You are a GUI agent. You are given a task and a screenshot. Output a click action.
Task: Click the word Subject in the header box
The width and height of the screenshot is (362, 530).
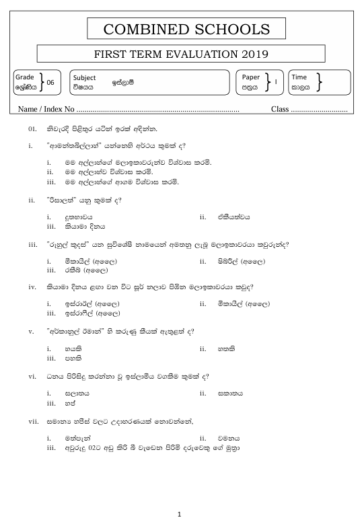pyautogui.click(x=84, y=77)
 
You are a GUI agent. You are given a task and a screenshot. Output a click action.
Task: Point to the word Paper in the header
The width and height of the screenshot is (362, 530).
pyautogui.click(x=250, y=77)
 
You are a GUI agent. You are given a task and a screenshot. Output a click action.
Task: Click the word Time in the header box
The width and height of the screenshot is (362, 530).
pyautogui.click(x=299, y=77)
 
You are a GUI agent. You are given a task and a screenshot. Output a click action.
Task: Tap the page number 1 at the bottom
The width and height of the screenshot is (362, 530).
pyautogui.click(x=180, y=515)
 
